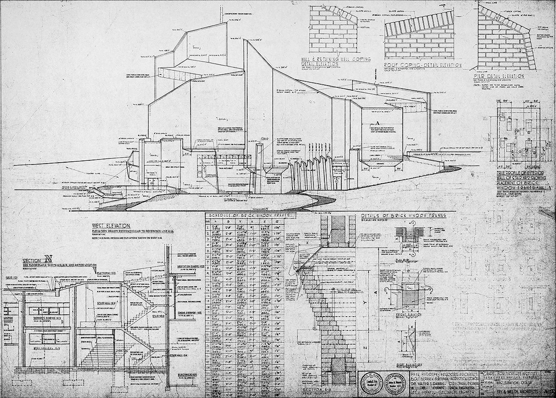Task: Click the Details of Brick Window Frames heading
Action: coord(400,216)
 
